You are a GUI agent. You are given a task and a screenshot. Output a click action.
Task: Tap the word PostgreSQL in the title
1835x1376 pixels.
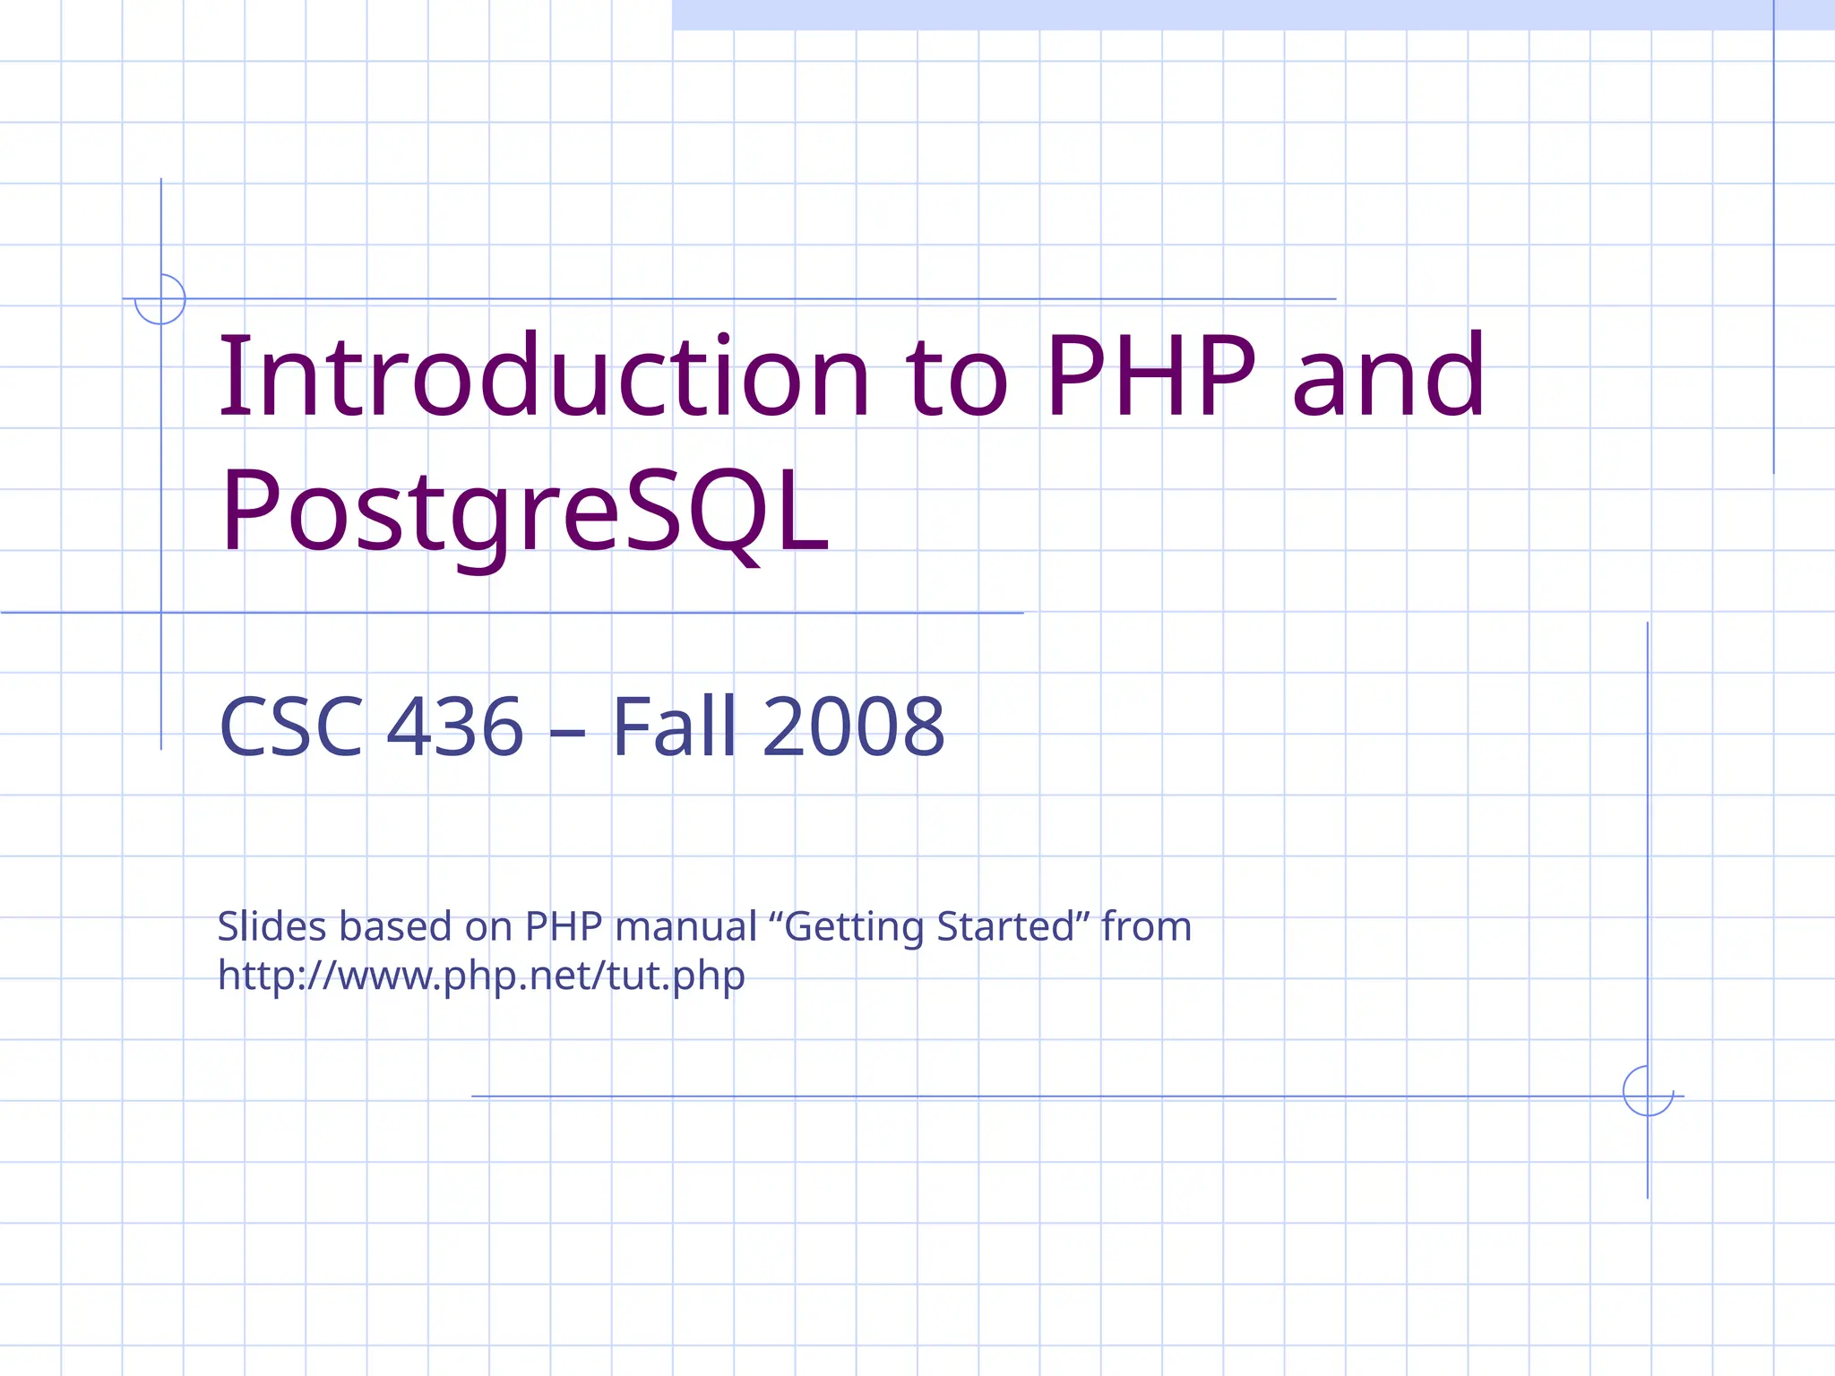pos(524,512)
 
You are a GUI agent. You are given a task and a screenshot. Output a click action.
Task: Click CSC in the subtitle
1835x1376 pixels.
pos(291,727)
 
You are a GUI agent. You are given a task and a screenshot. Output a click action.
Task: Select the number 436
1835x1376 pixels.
pos(455,727)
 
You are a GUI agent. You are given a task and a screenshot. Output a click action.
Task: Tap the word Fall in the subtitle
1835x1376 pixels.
pos(675,727)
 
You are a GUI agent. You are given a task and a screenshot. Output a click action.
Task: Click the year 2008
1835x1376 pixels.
pos(854,727)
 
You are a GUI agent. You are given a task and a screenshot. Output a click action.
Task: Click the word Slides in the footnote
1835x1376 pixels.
pos(271,926)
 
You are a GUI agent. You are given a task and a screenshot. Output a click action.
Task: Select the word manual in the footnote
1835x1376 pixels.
pos(686,926)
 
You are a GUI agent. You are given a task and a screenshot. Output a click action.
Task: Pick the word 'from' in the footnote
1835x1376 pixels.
pos(1147,926)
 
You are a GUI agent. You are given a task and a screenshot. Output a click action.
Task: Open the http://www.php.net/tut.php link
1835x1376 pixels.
pos(481,976)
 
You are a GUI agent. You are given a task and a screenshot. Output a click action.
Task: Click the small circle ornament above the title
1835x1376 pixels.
pos(160,299)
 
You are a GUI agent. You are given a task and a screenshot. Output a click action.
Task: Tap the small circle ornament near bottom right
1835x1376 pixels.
pos(1648,1091)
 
